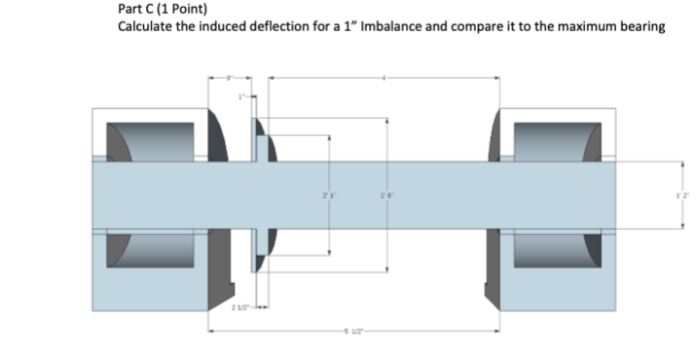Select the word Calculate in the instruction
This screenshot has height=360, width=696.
(x=146, y=26)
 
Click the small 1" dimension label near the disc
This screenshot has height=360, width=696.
(x=246, y=95)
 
